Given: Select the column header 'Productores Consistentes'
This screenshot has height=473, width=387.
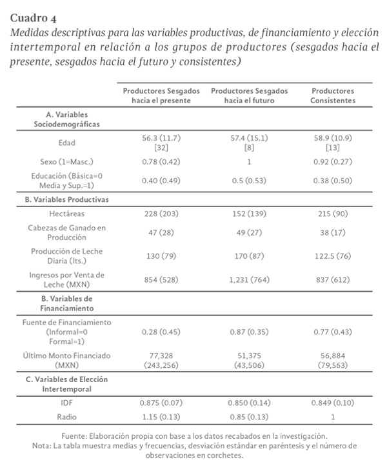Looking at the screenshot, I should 333,96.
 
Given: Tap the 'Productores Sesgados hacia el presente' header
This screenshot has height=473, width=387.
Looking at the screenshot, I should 162,96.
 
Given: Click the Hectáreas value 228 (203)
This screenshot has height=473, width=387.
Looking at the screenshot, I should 162,212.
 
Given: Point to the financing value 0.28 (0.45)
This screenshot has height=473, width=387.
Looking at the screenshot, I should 162,331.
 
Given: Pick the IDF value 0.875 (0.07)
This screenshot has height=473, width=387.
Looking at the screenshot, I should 162,402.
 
